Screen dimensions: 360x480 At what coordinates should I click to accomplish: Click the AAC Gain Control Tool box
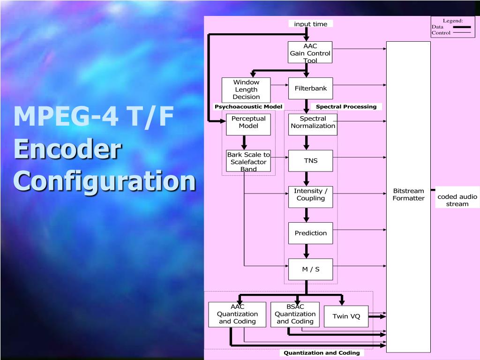(x=310, y=52)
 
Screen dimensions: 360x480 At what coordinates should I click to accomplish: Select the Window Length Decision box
(x=246, y=90)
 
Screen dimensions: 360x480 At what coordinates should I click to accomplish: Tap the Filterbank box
(x=310, y=88)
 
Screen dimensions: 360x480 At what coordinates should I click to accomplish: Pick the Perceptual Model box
(x=248, y=124)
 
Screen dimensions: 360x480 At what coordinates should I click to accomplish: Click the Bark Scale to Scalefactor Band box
(x=248, y=161)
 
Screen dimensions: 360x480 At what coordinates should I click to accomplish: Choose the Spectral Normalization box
(x=313, y=124)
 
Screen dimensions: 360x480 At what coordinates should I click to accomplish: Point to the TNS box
(x=310, y=161)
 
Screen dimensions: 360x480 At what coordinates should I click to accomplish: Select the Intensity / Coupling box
(x=310, y=196)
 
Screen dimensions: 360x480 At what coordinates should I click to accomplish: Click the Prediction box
(x=310, y=233)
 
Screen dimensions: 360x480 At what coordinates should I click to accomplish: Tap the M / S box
(x=310, y=269)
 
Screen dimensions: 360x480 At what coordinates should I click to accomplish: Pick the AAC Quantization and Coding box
(x=237, y=315)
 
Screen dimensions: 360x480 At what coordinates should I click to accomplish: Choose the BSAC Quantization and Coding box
(x=295, y=315)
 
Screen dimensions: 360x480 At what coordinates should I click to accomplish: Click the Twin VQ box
(x=346, y=316)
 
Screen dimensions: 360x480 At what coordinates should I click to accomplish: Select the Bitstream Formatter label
(x=408, y=195)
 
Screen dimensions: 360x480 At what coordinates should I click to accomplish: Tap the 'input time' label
(x=310, y=24)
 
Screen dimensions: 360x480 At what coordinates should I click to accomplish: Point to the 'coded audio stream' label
(x=457, y=200)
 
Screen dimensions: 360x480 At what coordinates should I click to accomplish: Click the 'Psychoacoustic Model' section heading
(x=248, y=107)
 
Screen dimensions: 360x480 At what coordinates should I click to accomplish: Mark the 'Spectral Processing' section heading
(x=346, y=107)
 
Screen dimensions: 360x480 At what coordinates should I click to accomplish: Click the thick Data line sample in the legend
(x=462, y=27)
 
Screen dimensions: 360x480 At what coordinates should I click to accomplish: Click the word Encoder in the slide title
(x=67, y=150)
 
